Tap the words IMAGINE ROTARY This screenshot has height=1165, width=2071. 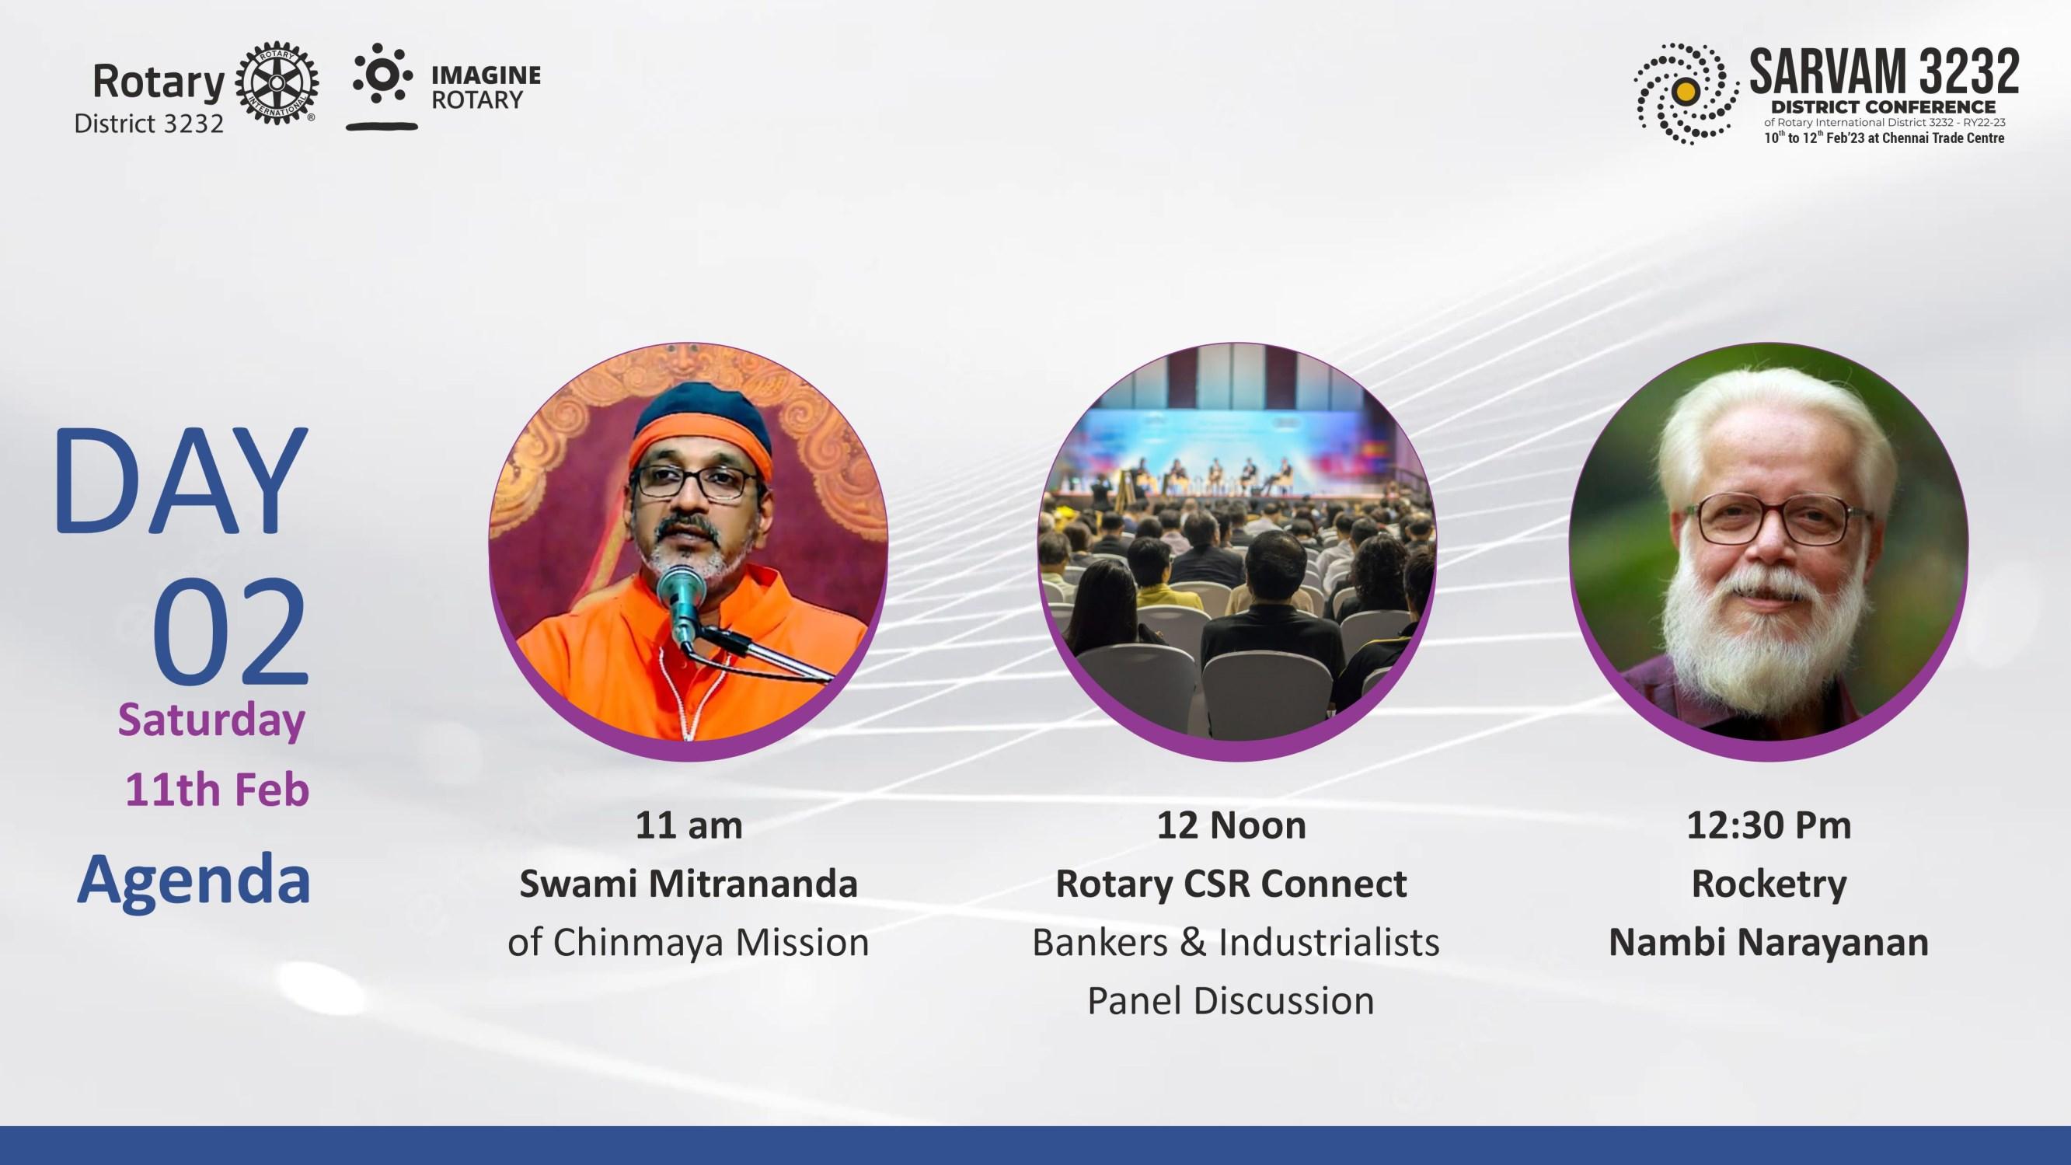(486, 88)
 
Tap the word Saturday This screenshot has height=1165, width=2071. (212, 720)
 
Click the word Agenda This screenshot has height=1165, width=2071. (194, 881)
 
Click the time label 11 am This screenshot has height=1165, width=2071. (689, 825)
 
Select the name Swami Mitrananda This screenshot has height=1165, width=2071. (689, 884)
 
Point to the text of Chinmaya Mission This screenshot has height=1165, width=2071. (689, 942)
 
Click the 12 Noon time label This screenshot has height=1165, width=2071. (1231, 825)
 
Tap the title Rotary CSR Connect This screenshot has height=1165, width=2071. (1231, 884)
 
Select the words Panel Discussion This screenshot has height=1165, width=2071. (1231, 1001)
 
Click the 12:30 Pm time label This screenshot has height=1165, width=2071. (1769, 825)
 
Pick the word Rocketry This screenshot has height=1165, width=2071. (1769, 884)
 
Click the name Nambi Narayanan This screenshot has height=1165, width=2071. (1769, 942)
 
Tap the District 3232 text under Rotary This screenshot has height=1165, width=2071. (148, 124)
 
